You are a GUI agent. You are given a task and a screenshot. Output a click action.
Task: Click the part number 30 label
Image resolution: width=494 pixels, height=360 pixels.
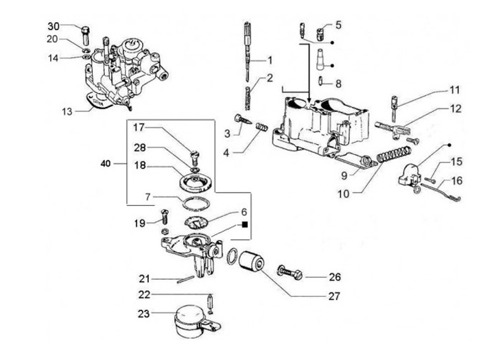(x=54, y=26)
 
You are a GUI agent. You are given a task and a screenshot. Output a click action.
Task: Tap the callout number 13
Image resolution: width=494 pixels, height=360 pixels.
(x=67, y=112)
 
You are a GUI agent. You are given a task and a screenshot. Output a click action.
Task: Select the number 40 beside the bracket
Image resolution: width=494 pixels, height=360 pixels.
(x=106, y=164)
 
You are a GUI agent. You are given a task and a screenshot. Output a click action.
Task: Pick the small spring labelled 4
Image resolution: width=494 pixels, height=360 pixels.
(x=261, y=128)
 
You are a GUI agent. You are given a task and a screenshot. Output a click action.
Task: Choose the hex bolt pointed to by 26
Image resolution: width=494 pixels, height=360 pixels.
(x=290, y=274)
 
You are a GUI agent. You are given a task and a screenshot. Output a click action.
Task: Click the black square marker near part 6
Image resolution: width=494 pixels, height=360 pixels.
(x=245, y=224)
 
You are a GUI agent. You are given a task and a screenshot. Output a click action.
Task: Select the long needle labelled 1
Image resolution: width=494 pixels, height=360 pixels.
(x=248, y=51)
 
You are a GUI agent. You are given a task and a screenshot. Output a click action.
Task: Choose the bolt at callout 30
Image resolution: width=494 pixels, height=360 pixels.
(x=86, y=35)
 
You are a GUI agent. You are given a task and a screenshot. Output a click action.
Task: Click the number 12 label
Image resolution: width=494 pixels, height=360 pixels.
(x=455, y=109)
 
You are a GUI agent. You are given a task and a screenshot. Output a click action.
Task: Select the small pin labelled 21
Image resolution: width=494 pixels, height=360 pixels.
(x=185, y=279)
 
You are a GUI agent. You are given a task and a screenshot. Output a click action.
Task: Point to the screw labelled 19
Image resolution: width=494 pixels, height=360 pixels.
(x=164, y=217)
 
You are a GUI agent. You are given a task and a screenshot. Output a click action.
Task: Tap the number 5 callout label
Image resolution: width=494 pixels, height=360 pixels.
(x=338, y=25)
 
